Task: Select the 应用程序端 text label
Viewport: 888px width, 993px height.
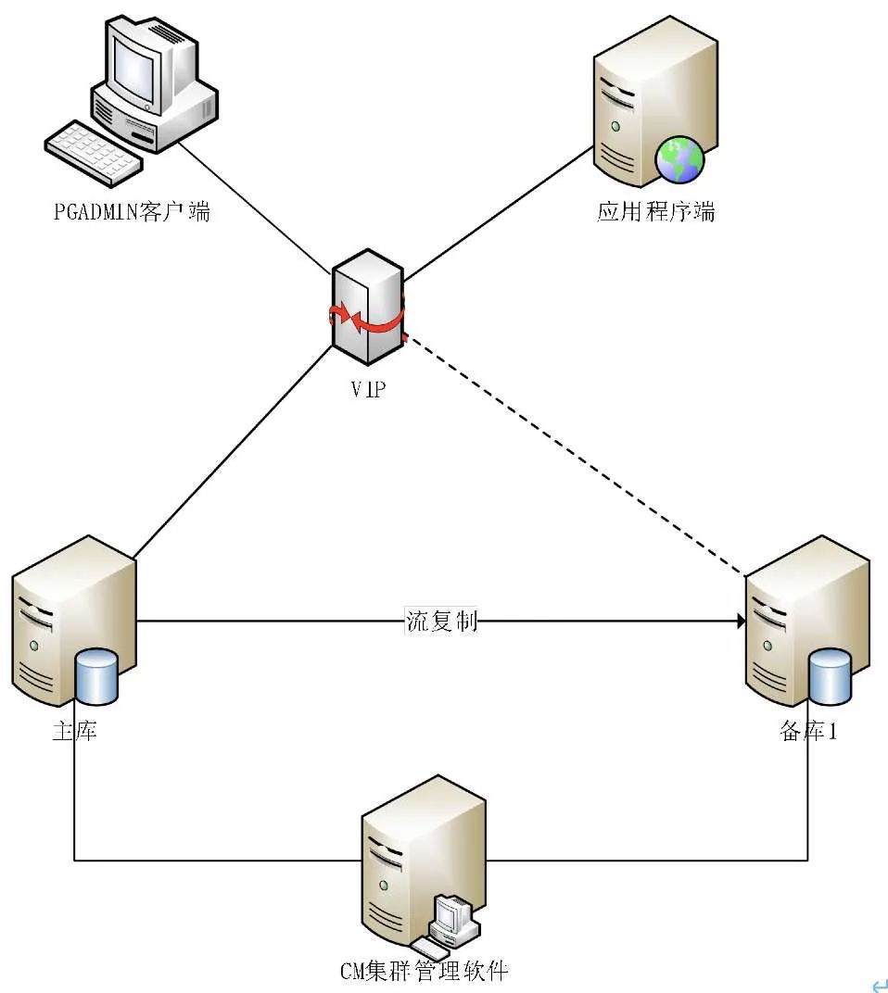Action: click(x=656, y=212)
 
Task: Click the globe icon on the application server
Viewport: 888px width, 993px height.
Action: click(x=679, y=159)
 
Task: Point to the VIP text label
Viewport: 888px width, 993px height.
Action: click(x=368, y=389)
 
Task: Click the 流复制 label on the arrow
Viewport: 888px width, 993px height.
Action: click(x=442, y=621)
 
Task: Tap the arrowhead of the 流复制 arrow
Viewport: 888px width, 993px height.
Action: click(x=741, y=622)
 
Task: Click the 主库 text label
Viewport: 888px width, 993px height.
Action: click(x=74, y=732)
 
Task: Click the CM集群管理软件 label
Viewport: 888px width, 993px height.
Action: click(x=424, y=972)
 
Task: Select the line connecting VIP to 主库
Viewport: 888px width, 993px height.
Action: click(x=232, y=454)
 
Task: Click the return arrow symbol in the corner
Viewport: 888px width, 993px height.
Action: click(x=876, y=984)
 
